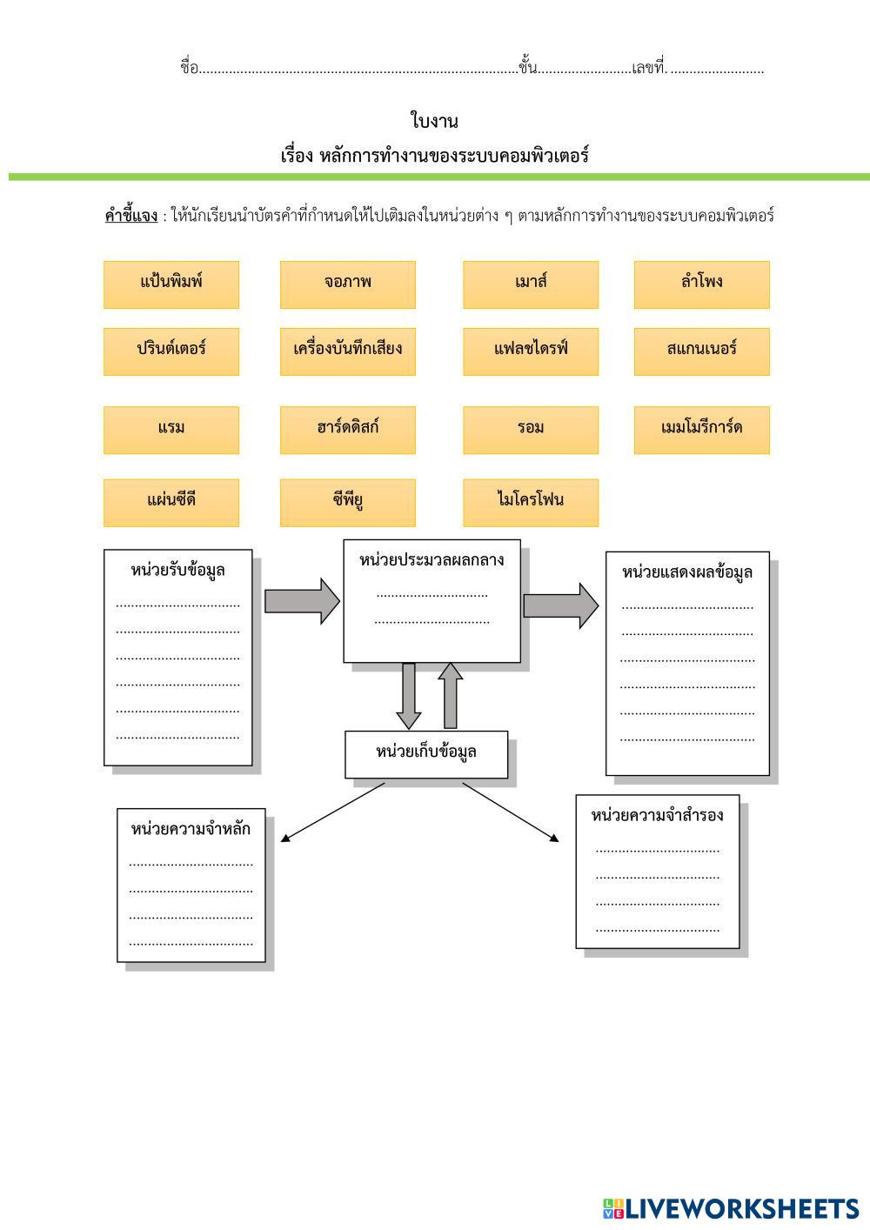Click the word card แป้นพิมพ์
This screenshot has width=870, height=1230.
(171, 284)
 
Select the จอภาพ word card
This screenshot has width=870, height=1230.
(348, 284)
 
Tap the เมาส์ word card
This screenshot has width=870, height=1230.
(531, 284)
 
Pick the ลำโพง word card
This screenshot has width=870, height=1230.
(701, 284)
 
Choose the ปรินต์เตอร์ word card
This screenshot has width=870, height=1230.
(171, 351)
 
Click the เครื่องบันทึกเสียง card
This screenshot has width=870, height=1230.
(348, 351)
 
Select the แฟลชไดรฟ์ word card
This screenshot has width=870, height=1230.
(531, 351)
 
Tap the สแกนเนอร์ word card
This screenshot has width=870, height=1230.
(701, 351)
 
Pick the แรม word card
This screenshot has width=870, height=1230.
(171, 430)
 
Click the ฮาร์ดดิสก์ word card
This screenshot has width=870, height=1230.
(348, 430)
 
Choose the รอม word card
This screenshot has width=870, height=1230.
(531, 430)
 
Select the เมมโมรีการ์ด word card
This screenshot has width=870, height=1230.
(701, 430)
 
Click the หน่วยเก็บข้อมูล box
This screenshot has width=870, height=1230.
(426, 754)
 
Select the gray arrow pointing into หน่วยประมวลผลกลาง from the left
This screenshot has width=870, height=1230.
(302, 601)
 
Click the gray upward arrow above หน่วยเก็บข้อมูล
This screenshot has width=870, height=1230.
(451, 695)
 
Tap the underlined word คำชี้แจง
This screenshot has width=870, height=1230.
(131, 215)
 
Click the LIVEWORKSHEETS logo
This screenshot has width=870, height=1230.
(731, 1208)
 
